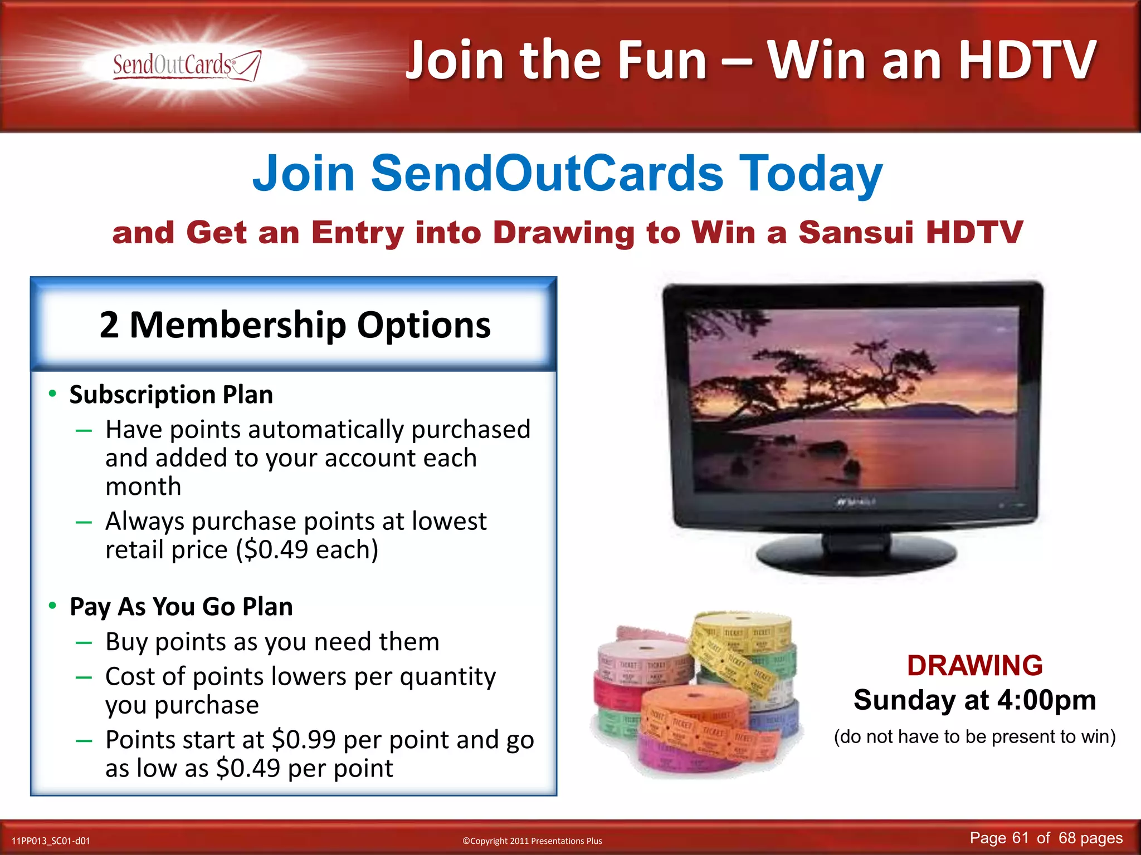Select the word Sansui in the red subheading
(855, 232)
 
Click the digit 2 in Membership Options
(109, 325)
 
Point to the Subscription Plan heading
(171, 395)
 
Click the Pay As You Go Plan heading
(181, 607)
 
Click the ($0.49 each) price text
(307, 550)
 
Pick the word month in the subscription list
(143, 487)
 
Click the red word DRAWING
(974, 666)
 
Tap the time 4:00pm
(1046, 700)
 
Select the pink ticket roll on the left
(641, 662)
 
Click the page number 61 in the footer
(1020, 838)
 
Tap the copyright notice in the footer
(532, 841)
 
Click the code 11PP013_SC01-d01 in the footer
(51, 841)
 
